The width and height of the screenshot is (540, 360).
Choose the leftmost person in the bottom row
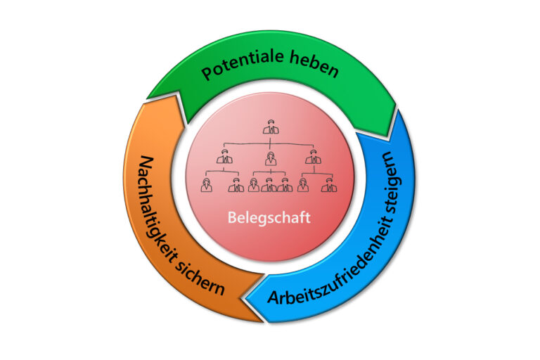pyautogui.click(x=207, y=185)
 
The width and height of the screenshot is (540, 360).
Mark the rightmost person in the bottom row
pyautogui.click(x=327, y=185)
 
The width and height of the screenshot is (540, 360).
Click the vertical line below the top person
pyautogui.click(x=269, y=139)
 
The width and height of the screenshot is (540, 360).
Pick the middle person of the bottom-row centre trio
pyautogui.click(x=269, y=185)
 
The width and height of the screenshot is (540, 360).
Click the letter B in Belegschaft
pyautogui.click(x=231, y=217)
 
